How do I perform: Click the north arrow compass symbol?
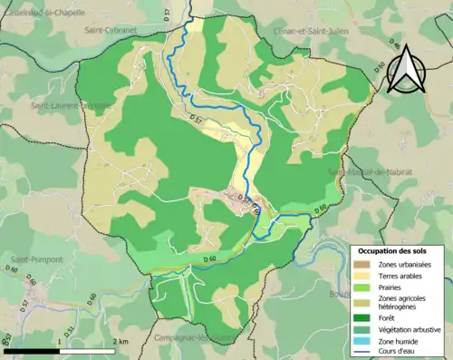coord(404,67)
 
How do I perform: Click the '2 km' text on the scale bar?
coord(121,341)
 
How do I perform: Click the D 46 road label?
coord(393,44)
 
